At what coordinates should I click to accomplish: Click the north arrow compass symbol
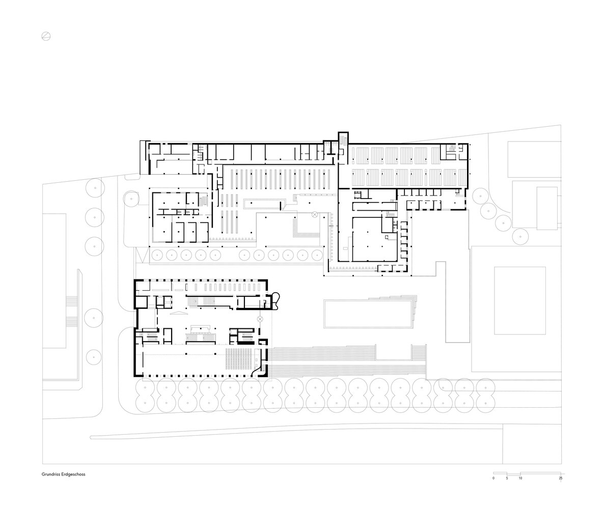(46, 37)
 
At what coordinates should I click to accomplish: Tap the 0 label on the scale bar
(493, 478)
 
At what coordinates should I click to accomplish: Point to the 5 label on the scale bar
(507, 478)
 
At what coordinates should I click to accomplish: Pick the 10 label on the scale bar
(520, 478)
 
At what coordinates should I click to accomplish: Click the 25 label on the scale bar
(561, 478)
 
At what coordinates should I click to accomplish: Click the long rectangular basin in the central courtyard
(368, 314)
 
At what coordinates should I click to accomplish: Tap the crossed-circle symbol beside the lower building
(260, 319)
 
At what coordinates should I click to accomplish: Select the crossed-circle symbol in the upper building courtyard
(315, 214)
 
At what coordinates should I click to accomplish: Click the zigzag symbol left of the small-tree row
(142, 256)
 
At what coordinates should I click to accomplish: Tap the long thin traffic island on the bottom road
(296, 431)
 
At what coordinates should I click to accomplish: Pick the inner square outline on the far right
(520, 301)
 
